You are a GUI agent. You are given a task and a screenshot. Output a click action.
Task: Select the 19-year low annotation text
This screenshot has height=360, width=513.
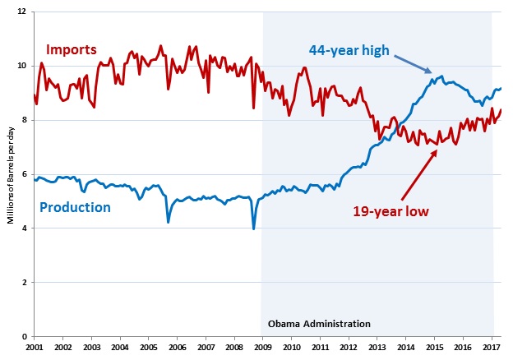[x=391, y=210]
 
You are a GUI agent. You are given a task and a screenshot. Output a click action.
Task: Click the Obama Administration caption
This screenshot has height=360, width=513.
[x=319, y=323]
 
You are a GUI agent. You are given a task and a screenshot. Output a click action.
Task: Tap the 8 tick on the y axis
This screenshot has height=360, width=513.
[x=24, y=120]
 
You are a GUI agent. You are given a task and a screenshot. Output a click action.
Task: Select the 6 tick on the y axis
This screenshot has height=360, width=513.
[x=24, y=174]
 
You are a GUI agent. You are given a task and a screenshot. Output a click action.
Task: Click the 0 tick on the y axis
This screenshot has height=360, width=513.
[x=24, y=336]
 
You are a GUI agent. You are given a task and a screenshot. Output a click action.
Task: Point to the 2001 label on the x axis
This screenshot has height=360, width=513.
[x=34, y=348]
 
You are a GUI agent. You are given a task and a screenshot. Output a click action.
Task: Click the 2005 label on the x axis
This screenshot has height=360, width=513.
[x=149, y=348]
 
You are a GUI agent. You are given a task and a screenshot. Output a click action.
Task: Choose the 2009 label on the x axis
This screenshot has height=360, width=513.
[x=263, y=348]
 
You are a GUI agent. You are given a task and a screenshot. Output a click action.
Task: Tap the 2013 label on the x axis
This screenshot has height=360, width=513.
[x=377, y=348]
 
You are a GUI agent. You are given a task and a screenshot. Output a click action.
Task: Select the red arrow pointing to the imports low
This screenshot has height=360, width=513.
[x=418, y=174]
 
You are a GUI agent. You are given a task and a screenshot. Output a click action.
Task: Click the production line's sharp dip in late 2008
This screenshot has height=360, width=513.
[x=254, y=228]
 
